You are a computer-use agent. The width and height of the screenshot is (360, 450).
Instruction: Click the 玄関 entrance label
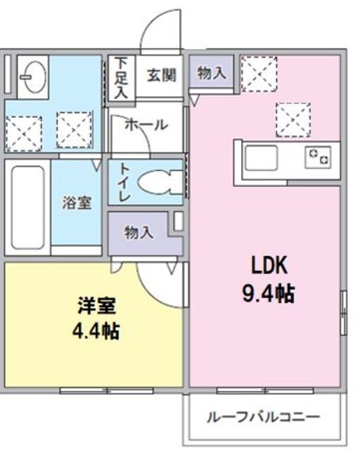(161, 75)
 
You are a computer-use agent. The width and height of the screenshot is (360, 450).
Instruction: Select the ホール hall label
(146, 125)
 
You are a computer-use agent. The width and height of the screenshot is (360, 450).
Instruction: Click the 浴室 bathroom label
(76, 202)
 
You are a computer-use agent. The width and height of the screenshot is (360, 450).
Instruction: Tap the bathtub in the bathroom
(27, 207)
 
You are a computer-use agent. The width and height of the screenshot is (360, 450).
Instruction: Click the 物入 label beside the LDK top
(212, 72)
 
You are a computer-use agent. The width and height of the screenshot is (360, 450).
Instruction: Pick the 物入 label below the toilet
(138, 233)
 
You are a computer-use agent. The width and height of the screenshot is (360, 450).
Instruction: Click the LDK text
(266, 265)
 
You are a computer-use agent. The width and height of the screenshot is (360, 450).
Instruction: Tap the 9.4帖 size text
(267, 292)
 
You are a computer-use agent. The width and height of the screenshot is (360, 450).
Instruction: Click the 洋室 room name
(97, 307)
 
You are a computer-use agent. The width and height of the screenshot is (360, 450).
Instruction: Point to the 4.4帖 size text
(97, 330)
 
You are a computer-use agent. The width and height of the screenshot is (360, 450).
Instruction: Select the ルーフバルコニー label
(263, 416)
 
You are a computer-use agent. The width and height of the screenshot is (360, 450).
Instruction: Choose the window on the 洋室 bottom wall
(86, 390)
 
